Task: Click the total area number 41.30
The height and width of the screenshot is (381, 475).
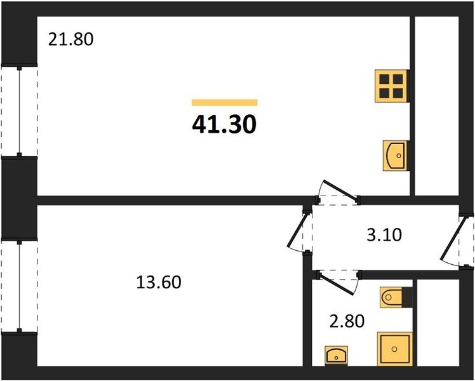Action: pos(224,125)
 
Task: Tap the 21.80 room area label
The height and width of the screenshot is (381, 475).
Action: pos(71,39)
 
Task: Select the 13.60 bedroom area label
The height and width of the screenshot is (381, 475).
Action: pos(159,282)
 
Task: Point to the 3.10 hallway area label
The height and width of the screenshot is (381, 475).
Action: pos(384,235)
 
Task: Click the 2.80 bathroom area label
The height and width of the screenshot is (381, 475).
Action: pos(347,321)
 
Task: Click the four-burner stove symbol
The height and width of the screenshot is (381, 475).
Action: pos(391,86)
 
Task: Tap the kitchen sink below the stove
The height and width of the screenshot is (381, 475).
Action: pos(396,156)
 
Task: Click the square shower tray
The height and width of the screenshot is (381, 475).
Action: pos(394,349)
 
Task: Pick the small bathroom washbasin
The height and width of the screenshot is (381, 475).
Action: pos(336,355)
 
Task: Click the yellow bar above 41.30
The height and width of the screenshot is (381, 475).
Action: pos(224,103)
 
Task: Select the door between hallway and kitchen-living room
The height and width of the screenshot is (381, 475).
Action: pos(340,190)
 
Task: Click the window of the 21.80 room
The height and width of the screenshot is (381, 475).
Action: pos(20,112)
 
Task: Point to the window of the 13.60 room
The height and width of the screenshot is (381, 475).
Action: pos(20,286)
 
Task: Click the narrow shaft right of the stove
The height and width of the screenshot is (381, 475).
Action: pos(436,106)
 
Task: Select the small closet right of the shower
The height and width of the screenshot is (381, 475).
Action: pos(438,323)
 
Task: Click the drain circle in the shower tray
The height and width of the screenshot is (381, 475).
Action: pos(394,349)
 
